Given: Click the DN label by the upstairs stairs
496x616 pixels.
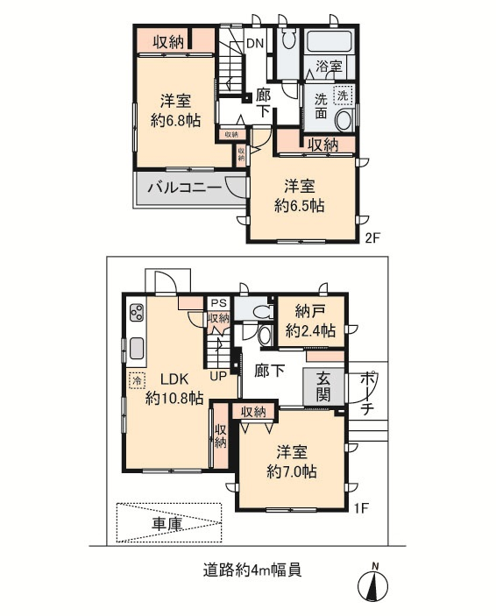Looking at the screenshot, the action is click(255, 43).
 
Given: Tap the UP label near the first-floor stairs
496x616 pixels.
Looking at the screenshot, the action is click(218, 376).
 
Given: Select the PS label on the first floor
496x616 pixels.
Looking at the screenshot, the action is click(219, 303).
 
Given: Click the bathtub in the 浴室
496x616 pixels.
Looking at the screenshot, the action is click(329, 41).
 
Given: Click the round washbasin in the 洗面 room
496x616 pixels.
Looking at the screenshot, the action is click(344, 121).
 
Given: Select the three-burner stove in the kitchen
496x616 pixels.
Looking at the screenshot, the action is click(138, 313).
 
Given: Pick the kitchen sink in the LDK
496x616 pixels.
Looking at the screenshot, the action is click(137, 348).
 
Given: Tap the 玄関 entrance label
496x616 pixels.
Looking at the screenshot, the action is click(323, 386).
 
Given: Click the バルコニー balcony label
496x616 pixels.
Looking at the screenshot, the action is click(185, 187).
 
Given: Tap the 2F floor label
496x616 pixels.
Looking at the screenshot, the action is click(373, 237).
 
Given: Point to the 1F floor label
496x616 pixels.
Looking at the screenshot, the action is click(361, 508).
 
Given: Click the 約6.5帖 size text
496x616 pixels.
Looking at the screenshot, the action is click(300, 205).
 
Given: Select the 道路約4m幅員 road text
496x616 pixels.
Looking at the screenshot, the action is click(252, 570).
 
